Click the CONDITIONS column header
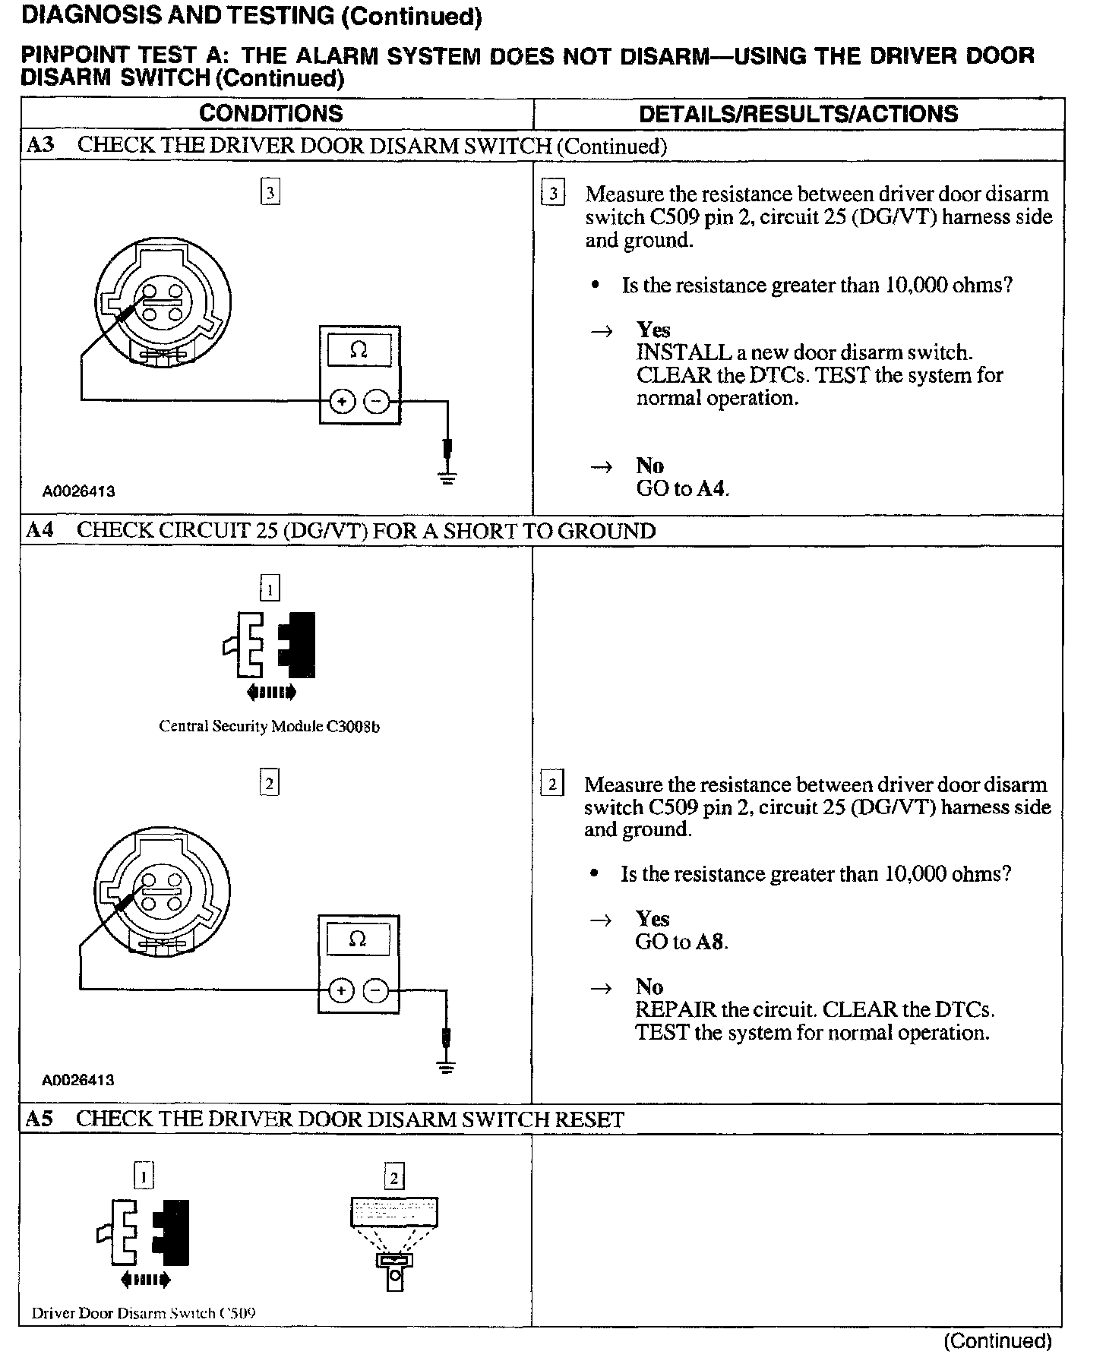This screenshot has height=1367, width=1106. [x=270, y=114]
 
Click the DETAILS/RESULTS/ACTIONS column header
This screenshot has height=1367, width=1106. [x=798, y=114]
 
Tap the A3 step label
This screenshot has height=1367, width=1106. [x=40, y=145]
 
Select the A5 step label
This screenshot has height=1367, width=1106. [x=39, y=1119]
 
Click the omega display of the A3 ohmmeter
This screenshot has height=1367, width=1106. [x=359, y=351]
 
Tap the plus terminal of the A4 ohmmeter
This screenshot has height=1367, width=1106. [x=342, y=990]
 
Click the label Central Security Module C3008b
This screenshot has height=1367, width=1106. [x=269, y=727]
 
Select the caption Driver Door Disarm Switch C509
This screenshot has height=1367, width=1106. [x=144, y=1313]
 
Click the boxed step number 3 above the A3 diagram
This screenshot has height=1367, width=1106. [x=270, y=193]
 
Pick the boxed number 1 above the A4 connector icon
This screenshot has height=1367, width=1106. [x=270, y=589]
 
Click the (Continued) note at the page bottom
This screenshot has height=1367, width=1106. [x=997, y=1341]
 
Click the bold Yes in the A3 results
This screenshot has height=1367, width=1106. [x=653, y=330]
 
